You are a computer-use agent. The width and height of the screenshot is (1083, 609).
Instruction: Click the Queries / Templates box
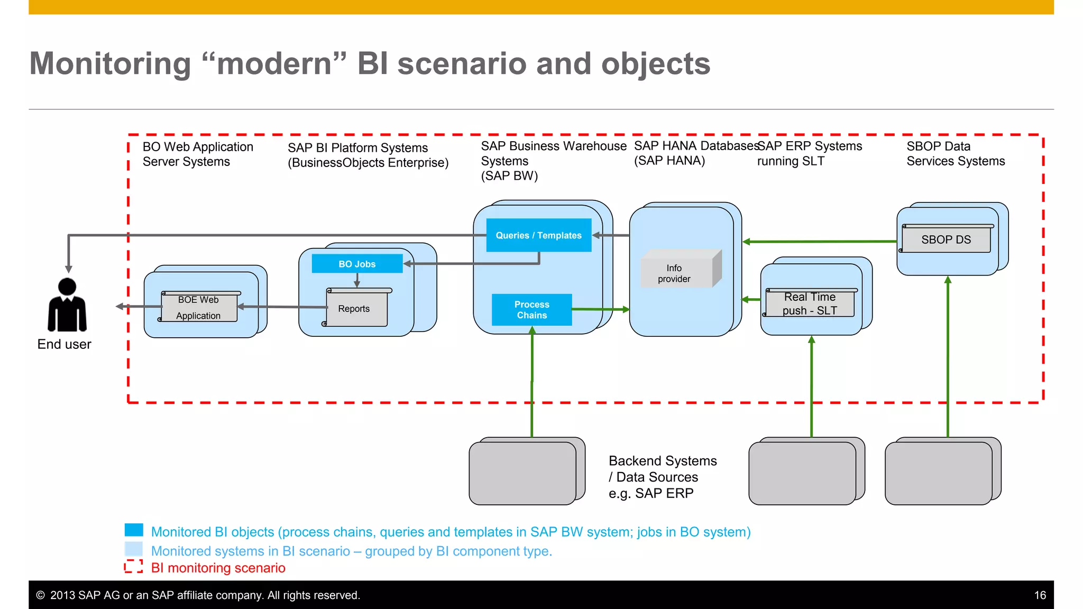pos(538,235)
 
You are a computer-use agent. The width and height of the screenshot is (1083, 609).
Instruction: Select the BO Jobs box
pos(357,264)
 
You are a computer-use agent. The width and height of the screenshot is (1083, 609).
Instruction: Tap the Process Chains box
pos(531,310)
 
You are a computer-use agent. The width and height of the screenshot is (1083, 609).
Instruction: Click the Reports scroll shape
pos(356,308)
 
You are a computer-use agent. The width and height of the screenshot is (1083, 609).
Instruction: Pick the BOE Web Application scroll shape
pos(199,307)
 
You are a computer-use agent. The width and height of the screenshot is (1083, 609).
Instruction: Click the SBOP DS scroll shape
pos(946,239)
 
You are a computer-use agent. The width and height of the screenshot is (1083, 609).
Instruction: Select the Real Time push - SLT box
pos(810,304)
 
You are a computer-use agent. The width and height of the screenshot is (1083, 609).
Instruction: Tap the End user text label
pos(64,344)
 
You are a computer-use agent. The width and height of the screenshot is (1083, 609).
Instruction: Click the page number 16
pos(1040,595)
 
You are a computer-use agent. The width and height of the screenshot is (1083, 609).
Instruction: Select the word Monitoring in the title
pos(110,64)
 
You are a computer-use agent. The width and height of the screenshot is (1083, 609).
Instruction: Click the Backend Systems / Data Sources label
pos(662,477)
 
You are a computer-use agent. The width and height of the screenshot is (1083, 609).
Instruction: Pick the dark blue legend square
pos(134,530)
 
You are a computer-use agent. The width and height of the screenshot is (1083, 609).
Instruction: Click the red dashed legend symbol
pos(133,567)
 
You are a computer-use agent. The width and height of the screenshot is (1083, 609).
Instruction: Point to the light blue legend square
pos(134,549)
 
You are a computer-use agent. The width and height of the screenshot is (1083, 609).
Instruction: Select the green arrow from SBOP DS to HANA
pos(820,242)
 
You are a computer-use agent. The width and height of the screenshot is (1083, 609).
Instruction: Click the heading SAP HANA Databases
pos(695,146)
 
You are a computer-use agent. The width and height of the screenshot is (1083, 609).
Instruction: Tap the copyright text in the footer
pos(198,595)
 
